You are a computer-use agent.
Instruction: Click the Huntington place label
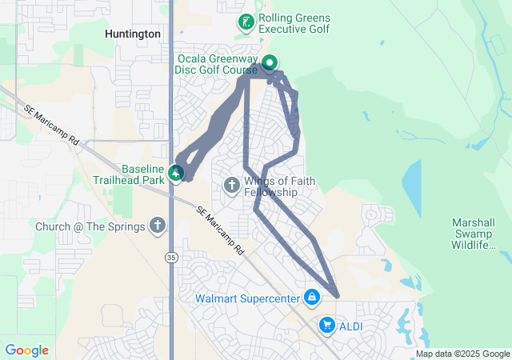[x=133, y=34]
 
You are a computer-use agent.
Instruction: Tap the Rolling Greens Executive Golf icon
[x=246, y=22]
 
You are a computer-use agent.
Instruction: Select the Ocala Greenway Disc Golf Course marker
[x=270, y=62]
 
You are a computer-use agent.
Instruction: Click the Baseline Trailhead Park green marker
[x=176, y=172]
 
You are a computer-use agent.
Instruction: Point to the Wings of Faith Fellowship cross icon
[x=231, y=186]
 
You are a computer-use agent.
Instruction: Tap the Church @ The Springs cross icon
[x=158, y=226]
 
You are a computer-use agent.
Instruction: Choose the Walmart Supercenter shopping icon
[x=312, y=299]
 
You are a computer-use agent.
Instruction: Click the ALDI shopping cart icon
[x=326, y=325]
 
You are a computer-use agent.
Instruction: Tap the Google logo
[x=26, y=350]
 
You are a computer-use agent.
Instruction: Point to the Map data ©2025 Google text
[x=462, y=354]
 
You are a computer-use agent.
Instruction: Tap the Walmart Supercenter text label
[x=246, y=299]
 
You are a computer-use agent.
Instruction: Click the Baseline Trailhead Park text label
[x=132, y=174]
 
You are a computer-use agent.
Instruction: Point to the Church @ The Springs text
[x=90, y=226]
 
